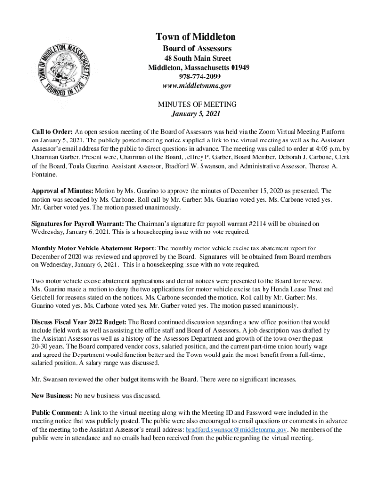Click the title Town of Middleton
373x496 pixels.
point(196,37)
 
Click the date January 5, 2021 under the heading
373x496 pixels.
point(196,114)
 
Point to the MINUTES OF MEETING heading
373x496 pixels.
point(197,105)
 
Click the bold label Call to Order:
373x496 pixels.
point(52,132)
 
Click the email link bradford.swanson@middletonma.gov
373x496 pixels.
point(237,430)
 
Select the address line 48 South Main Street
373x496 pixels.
point(196,58)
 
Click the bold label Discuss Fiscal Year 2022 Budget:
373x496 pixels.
point(79,322)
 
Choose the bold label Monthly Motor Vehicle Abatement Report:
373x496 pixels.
point(94,248)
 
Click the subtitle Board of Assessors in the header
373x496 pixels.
point(196,48)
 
